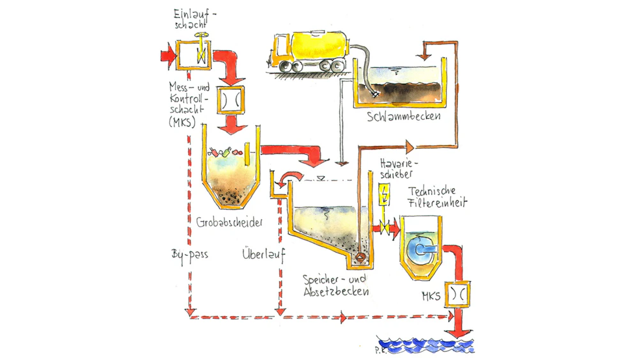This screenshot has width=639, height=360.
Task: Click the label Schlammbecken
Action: tap(403, 118)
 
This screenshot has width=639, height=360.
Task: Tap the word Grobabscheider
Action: tap(230, 221)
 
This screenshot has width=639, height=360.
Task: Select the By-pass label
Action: tap(190, 253)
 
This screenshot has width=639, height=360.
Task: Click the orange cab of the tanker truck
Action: tap(279, 51)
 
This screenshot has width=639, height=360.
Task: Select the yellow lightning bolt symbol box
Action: tap(383, 195)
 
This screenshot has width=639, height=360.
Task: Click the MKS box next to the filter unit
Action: tap(457, 293)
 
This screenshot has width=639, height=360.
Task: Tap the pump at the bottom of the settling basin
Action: tap(360, 257)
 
